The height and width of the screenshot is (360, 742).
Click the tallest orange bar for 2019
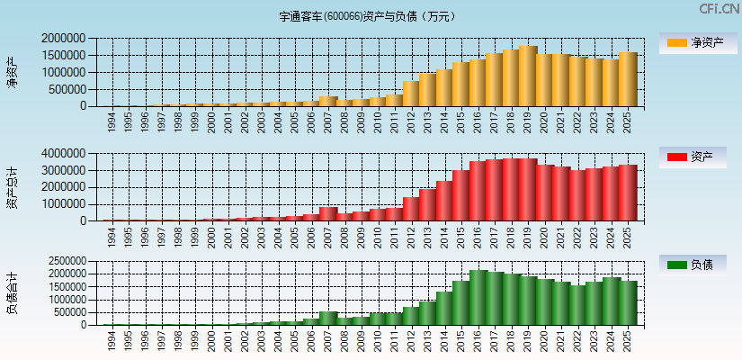528,76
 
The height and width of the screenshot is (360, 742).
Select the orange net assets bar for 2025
627,79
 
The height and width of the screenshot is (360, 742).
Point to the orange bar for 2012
411,94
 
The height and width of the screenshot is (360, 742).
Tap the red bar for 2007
328,214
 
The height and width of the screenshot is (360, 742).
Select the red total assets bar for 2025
627,193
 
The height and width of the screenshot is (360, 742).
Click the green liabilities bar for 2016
478,297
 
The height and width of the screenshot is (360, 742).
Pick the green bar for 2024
611,301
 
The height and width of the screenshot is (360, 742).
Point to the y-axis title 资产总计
12,187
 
